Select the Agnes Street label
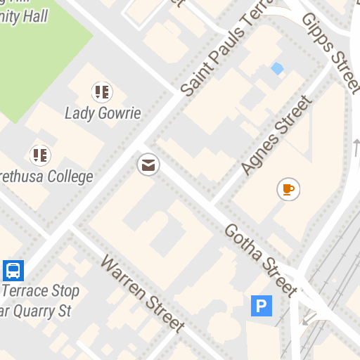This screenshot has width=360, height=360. point(275,135)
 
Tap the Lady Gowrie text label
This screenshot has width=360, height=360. point(103,112)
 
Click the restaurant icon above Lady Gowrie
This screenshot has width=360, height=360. point(102,91)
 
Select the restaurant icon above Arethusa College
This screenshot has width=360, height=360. point(39,155)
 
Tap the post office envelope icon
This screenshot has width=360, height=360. point(148,166)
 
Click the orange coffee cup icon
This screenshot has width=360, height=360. point(288,188)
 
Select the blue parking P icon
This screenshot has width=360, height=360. point(261,305)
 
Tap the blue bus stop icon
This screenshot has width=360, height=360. point(13,270)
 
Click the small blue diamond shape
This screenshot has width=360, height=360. point(278,68)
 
